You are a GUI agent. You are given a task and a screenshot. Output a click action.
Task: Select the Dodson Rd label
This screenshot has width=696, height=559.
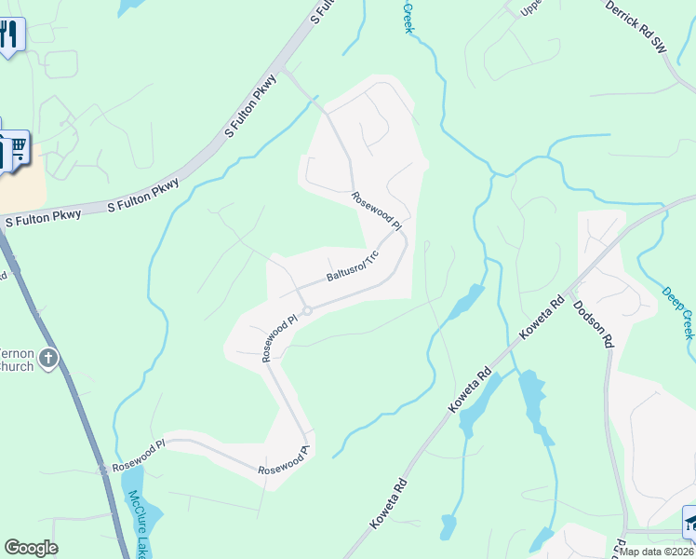tap(593, 323)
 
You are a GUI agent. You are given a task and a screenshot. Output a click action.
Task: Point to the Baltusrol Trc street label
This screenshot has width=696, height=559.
tap(355, 267)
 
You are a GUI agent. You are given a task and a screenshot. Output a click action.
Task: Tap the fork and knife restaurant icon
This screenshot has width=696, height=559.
tap(8, 36)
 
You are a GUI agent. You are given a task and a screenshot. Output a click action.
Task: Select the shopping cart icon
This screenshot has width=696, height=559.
tap(15, 149)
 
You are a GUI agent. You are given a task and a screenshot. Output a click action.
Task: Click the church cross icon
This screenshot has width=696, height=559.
tap(49, 358)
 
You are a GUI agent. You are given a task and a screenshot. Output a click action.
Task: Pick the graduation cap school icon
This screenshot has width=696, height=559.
tap(689, 521)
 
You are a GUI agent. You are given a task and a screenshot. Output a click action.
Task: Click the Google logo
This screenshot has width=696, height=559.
tap(31, 548)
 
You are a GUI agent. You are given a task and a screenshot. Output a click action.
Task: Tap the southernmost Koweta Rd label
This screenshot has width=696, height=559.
tap(389, 504)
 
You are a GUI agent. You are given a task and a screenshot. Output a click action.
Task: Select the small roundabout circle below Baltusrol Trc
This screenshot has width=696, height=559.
tap(306, 310)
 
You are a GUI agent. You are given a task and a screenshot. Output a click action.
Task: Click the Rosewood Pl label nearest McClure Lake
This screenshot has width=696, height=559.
tap(138, 455)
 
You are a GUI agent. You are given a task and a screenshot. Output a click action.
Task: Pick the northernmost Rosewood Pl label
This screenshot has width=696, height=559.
tap(377, 211)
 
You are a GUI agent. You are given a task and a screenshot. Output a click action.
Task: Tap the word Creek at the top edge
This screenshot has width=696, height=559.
tap(408, 17)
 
